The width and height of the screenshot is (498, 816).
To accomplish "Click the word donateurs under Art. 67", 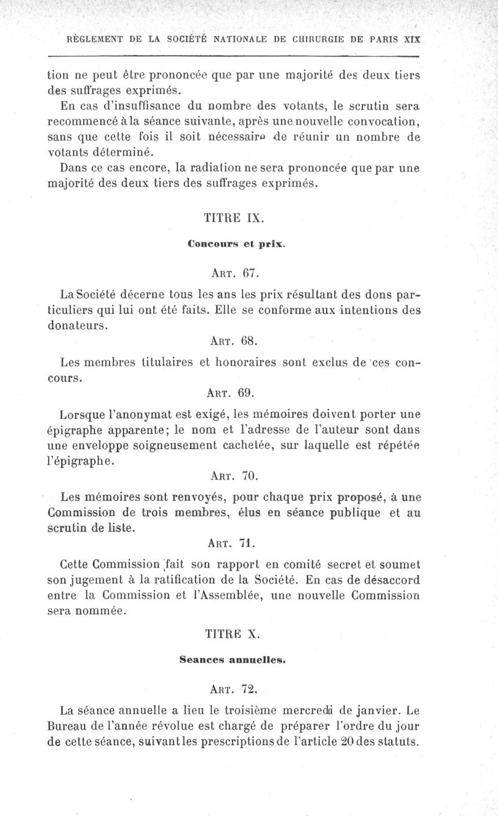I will (x=78, y=325).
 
